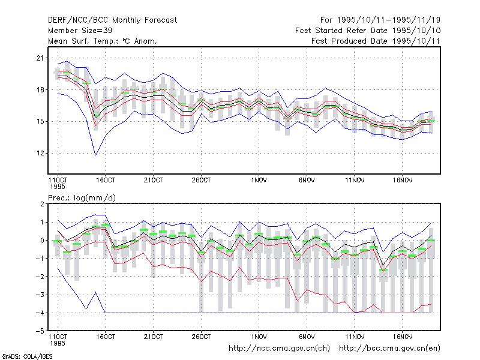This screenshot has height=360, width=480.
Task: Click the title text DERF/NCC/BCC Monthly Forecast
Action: (112, 20)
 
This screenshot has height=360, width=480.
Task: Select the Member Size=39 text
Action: (80, 31)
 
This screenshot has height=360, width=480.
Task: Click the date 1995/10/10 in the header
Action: (416, 31)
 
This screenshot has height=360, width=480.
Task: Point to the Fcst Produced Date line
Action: (376, 41)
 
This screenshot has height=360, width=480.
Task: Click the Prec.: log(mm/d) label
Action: (82, 198)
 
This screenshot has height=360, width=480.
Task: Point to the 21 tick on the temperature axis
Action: (40, 58)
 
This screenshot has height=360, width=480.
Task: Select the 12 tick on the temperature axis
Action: (40, 153)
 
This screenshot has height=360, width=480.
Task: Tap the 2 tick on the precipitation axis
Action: (42, 204)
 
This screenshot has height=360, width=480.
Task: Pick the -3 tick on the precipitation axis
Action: (40, 295)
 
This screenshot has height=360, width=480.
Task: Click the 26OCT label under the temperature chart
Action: (201, 181)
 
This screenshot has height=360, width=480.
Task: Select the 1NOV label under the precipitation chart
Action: (259, 337)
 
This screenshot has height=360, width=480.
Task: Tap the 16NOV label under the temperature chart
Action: (403, 181)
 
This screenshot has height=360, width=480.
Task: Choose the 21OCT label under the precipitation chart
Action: (154, 337)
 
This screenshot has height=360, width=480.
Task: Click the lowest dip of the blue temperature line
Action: (95, 155)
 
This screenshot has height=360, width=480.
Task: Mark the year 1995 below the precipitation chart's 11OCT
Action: (58, 343)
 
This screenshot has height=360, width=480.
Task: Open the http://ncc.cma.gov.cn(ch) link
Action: (279, 349)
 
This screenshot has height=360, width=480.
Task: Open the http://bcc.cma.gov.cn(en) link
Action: (389, 349)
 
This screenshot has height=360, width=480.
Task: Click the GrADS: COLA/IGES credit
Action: (27, 356)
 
